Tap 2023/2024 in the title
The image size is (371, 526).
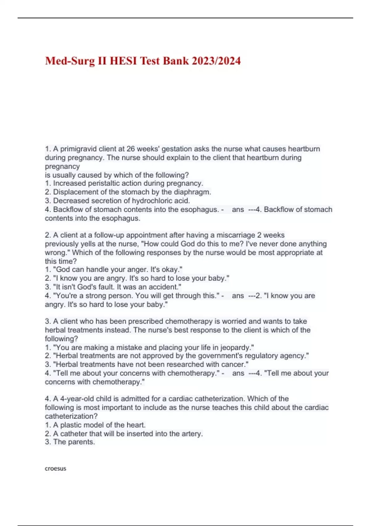pos(216,61)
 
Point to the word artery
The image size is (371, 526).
pos(192,434)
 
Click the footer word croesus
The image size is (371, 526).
pos(56,468)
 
